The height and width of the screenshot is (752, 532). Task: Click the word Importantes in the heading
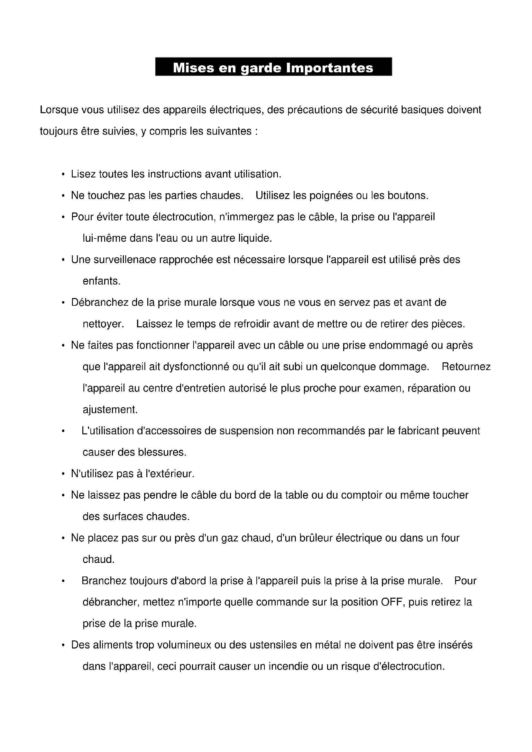point(330,68)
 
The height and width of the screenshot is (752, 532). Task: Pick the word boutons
point(408,196)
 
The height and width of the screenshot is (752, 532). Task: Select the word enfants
point(101,281)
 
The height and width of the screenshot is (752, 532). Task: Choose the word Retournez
point(466,367)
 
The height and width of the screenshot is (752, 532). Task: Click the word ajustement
point(110,409)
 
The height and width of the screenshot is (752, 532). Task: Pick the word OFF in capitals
point(392,602)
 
